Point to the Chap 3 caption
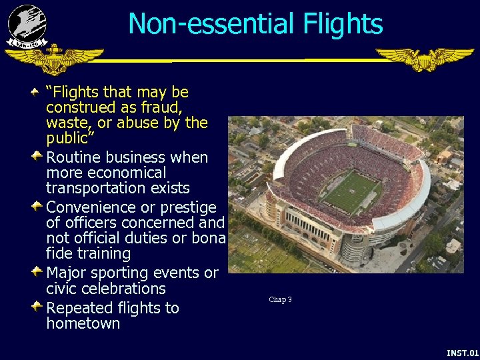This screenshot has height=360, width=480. coord(280,299)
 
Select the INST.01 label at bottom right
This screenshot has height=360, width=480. coord(463,352)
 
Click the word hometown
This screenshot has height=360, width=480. coord(83,324)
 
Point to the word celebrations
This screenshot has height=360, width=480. coord(125,289)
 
